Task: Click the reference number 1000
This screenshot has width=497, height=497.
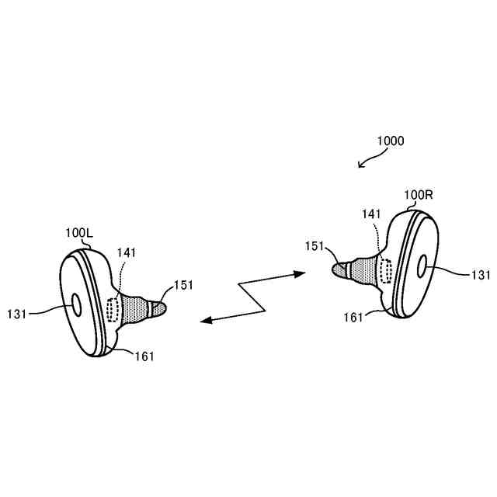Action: pyautogui.click(x=390, y=141)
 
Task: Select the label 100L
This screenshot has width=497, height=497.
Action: pyautogui.click(x=78, y=232)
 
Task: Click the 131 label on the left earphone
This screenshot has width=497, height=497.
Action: pyautogui.click(x=16, y=313)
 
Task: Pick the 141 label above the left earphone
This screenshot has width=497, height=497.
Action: pyautogui.click(x=126, y=252)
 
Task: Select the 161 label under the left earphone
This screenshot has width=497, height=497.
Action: pyautogui.click(x=144, y=356)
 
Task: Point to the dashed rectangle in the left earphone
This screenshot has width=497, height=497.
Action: pyautogui.click(x=113, y=308)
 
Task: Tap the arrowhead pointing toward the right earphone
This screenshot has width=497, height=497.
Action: pyautogui.click(x=302, y=273)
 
